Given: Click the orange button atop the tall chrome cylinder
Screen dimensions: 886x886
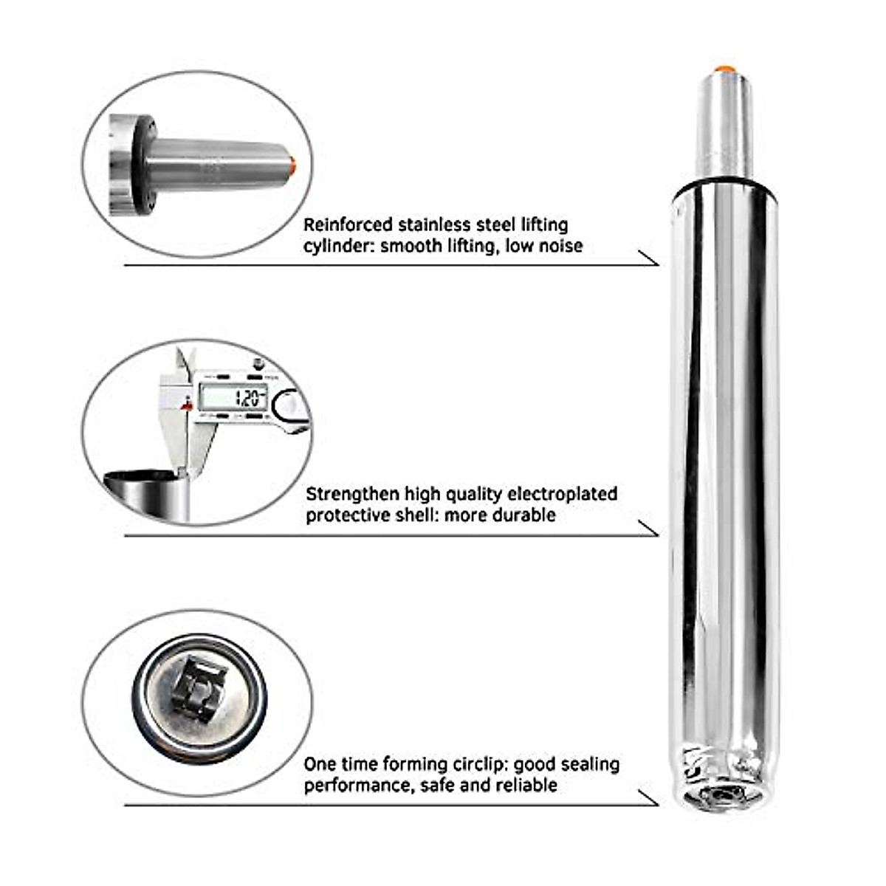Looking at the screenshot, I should [723, 69].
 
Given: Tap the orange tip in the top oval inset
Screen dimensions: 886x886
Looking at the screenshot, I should [294, 162].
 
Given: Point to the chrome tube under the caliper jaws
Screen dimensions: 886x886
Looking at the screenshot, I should [148, 491].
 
